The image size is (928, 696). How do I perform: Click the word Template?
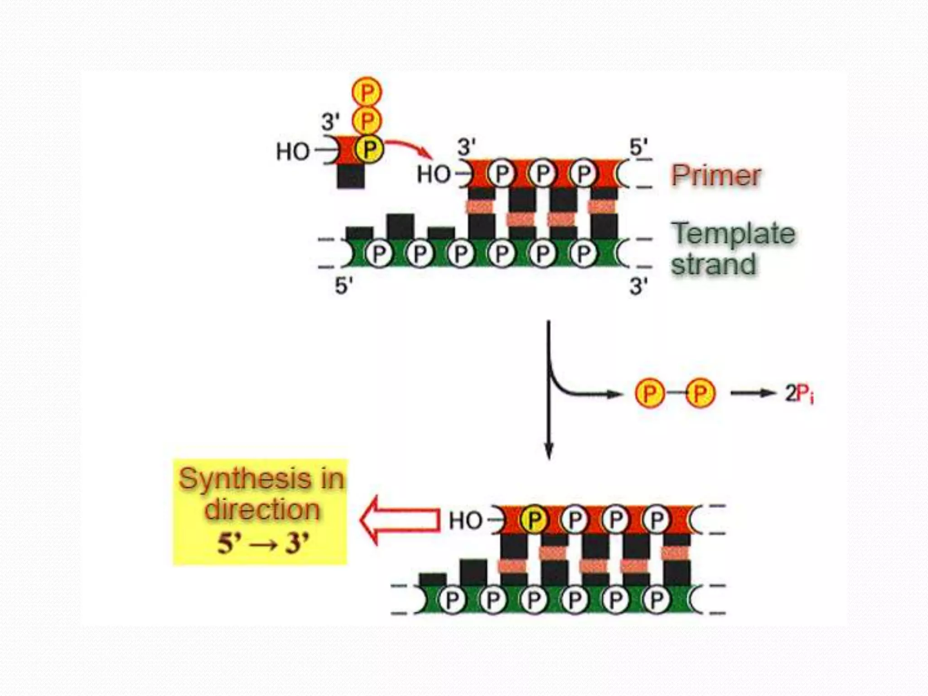(733, 234)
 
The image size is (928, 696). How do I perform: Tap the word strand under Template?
(714, 264)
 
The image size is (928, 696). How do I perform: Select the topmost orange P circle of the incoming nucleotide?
(367, 92)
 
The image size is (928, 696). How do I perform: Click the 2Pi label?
(799, 393)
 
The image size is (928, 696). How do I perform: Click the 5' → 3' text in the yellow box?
(263, 543)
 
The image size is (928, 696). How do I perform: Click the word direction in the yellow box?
(262, 509)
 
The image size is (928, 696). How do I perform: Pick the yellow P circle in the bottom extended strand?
(534, 519)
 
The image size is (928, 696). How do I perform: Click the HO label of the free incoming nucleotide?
(293, 151)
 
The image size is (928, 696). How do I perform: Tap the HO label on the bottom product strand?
(465, 521)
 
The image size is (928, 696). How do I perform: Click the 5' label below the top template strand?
(343, 286)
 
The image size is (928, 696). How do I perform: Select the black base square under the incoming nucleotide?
(351, 176)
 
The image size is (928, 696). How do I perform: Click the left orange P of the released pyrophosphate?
(649, 393)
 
